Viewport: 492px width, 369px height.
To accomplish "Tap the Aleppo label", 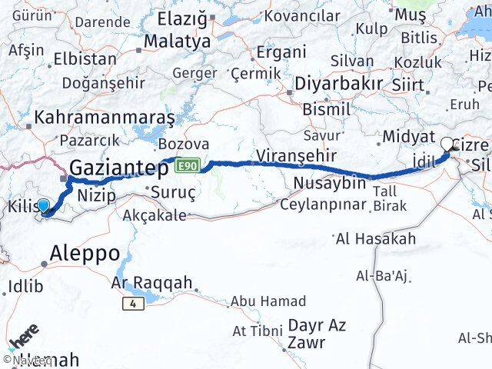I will tap(85, 253).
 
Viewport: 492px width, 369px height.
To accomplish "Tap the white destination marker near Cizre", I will tap(447, 143).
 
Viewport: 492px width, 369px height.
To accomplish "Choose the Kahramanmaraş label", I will tap(104, 118).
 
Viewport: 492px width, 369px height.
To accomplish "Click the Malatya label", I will tap(177, 42).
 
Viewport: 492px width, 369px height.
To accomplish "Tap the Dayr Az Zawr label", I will tap(317, 333).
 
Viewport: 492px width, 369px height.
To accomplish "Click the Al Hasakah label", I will tap(376, 239).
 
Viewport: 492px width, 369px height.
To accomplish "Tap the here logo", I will tap(23, 339).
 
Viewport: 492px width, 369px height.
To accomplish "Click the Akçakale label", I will tap(155, 215).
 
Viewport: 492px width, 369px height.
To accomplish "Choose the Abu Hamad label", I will tap(269, 301).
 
